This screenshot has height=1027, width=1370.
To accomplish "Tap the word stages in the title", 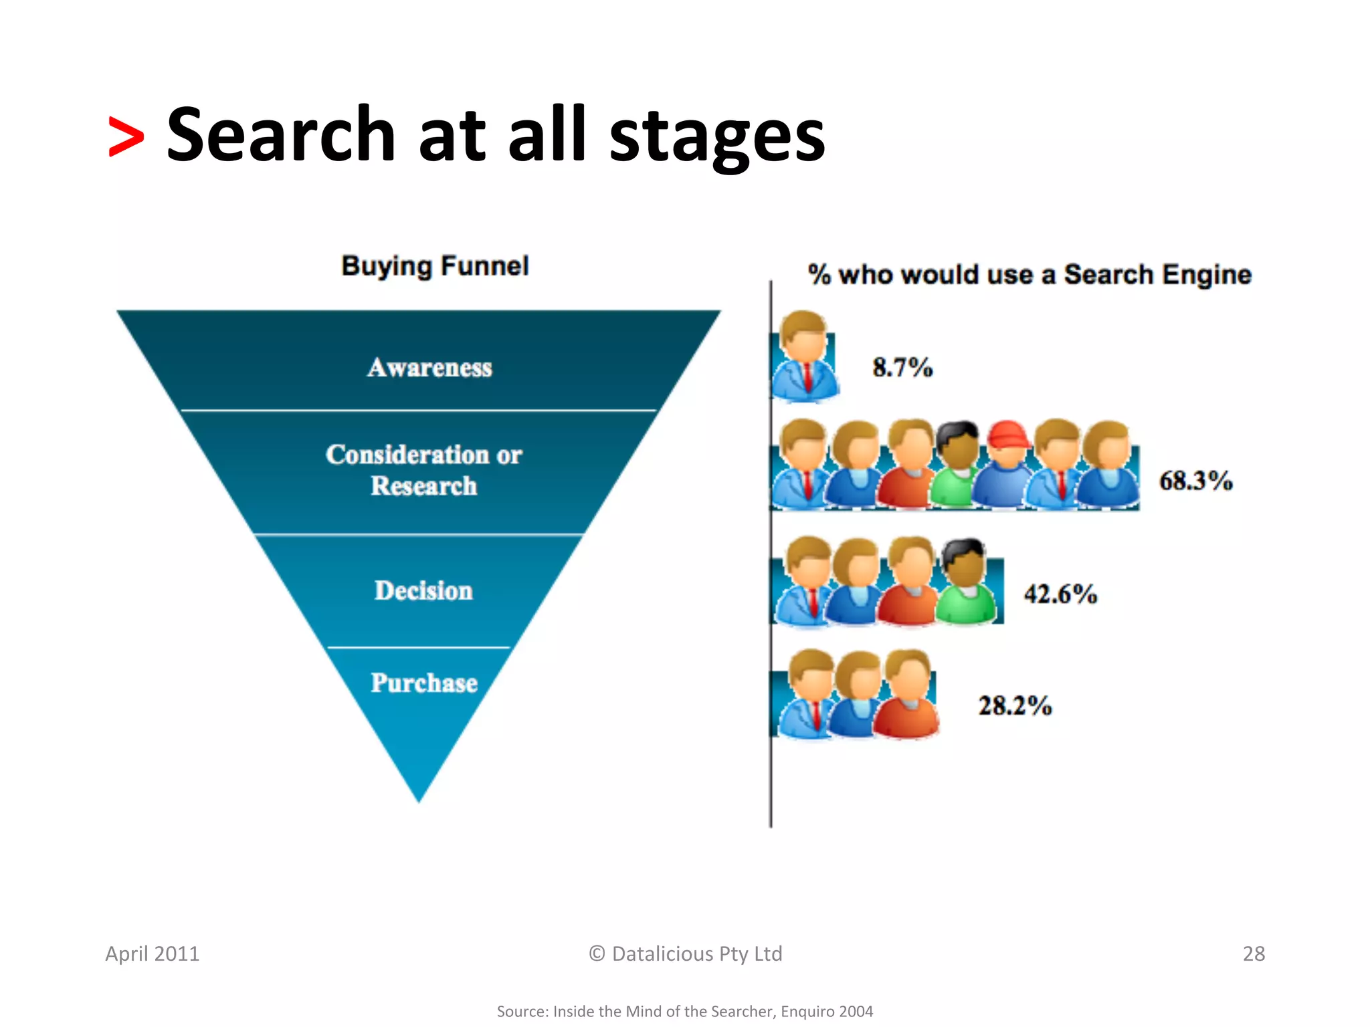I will [x=717, y=138].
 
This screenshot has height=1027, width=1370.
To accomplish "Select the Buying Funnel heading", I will [x=435, y=266].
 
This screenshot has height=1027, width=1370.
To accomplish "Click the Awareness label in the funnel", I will [x=429, y=368].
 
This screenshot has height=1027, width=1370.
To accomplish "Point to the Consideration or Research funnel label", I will [x=424, y=470].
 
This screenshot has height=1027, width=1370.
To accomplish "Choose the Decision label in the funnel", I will [x=423, y=591].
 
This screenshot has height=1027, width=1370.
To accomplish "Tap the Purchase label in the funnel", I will [x=424, y=683].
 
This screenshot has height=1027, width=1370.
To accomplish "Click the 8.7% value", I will [x=902, y=367].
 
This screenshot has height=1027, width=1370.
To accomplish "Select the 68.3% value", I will [x=1196, y=481].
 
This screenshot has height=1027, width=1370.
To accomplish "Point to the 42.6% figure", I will [x=1060, y=594].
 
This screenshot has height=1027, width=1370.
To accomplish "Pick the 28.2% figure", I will [x=1015, y=705].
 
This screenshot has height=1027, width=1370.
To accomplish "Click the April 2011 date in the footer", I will [x=153, y=953].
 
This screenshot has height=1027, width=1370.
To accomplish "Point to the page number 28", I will [x=1254, y=953].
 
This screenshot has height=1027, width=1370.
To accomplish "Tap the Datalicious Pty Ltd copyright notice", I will [x=686, y=953].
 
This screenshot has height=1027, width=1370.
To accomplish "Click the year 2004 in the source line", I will [x=856, y=1012].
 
